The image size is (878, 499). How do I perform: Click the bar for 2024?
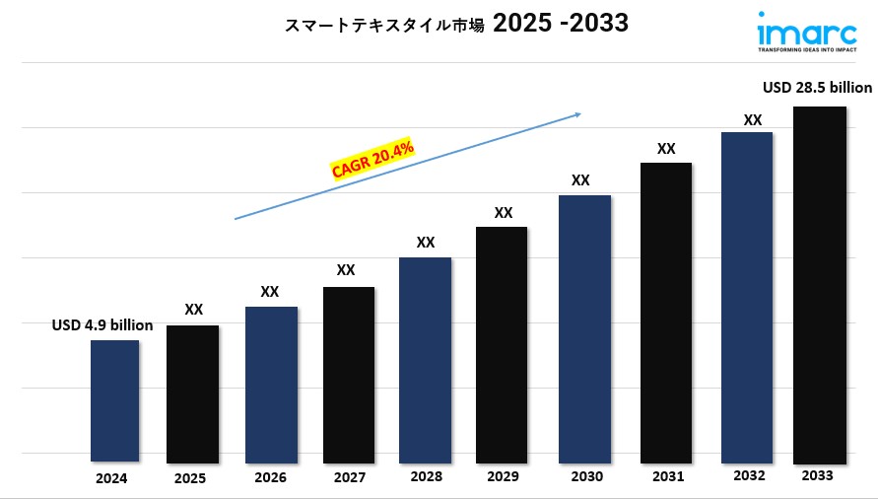click(x=114, y=400)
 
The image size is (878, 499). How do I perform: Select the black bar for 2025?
click(x=193, y=393)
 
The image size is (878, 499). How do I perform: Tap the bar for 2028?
click(x=425, y=359)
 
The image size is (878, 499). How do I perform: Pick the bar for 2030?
click(x=584, y=328)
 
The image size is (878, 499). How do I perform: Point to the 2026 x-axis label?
click(x=270, y=478)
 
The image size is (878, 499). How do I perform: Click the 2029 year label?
click(x=504, y=478)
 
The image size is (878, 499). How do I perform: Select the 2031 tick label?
click(x=667, y=477)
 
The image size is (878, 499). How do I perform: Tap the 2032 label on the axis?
click(x=749, y=475)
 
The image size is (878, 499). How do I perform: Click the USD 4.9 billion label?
click(x=102, y=324)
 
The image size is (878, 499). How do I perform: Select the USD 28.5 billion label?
click(x=817, y=88)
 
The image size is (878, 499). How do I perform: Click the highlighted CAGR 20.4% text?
click(x=372, y=160)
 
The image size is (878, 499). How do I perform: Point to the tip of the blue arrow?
click(x=580, y=113)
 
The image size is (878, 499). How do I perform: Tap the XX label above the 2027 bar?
click(x=346, y=269)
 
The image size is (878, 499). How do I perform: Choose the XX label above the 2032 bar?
click(x=752, y=119)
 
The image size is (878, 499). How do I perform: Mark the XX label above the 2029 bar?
click(x=504, y=212)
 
